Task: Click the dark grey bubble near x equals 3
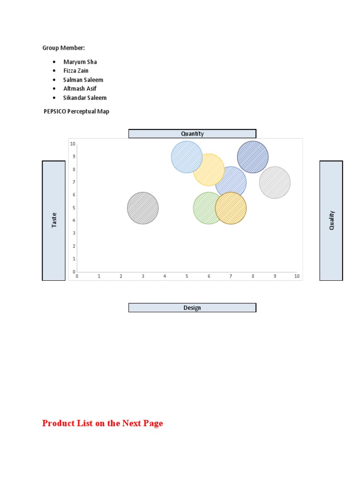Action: pos(143,208)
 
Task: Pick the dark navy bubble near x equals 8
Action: pos(253,157)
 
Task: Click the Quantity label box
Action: pos(192,134)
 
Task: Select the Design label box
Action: pos(192,307)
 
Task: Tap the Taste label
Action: pos(54,220)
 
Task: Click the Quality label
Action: pos(331,220)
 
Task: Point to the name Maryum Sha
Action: pos(80,62)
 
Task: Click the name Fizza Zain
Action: pos(76,71)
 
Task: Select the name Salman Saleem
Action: pos(83,80)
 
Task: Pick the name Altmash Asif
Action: pos(80,89)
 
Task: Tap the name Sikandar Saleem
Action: pos(85,98)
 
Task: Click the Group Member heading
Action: pos(64,48)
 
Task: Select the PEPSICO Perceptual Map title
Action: pos(76,112)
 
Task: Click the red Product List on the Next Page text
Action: pos(103,423)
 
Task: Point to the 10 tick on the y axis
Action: pos(73,143)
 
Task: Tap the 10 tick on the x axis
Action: pos(297,276)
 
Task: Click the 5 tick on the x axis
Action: pos(187,276)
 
